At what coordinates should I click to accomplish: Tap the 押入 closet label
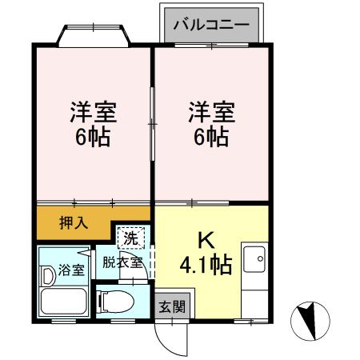pyautogui.click(x=73, y=222)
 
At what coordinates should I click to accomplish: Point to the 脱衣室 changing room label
pyautogui.click(x=122, y=262)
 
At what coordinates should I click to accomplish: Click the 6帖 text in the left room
pyautogui.click(x=91, y=136)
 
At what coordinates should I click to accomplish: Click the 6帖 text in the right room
pyautogui.click(x=210, y=136)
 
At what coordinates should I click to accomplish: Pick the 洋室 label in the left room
pyautogui.click(x=91, y=110)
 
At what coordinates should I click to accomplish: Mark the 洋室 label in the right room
pyautogui.click(x=210, y=110)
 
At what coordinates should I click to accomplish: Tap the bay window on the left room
pyautogui.click(x=92, y=35)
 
